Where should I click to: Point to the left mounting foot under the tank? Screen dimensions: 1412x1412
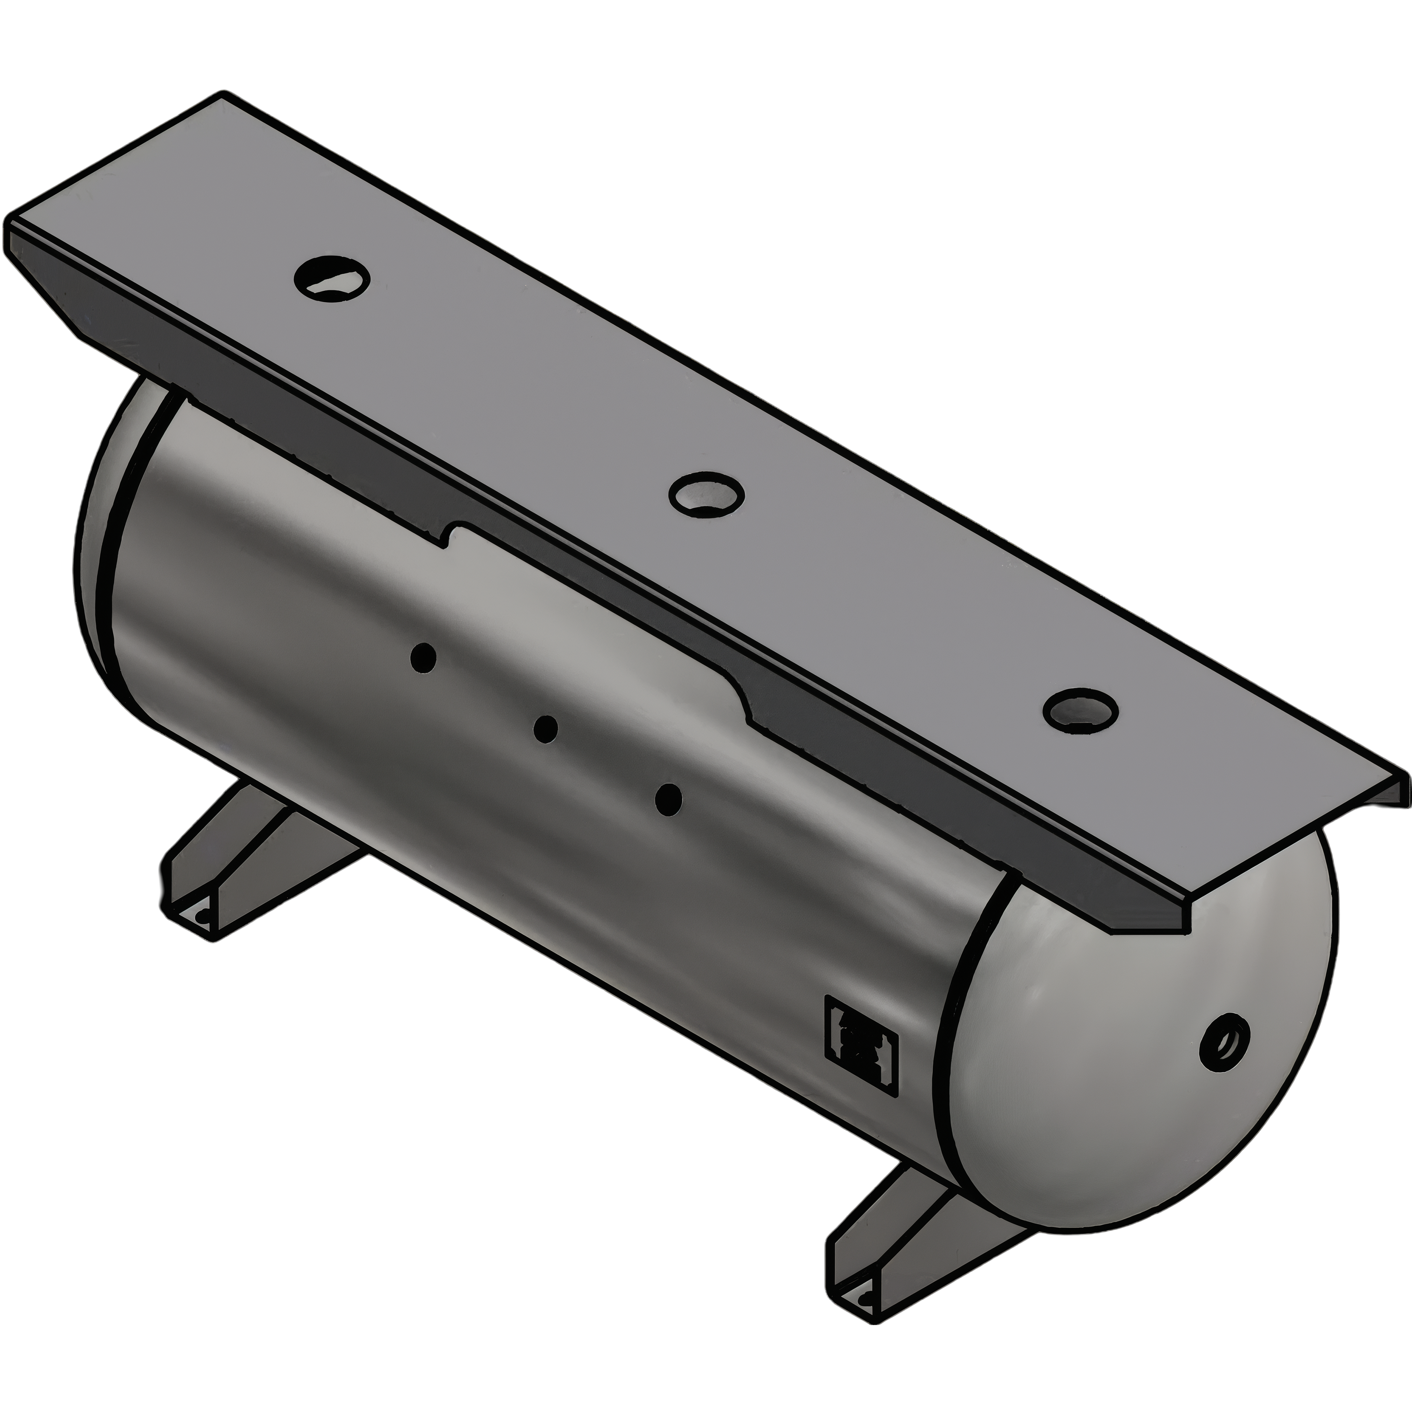241,862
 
